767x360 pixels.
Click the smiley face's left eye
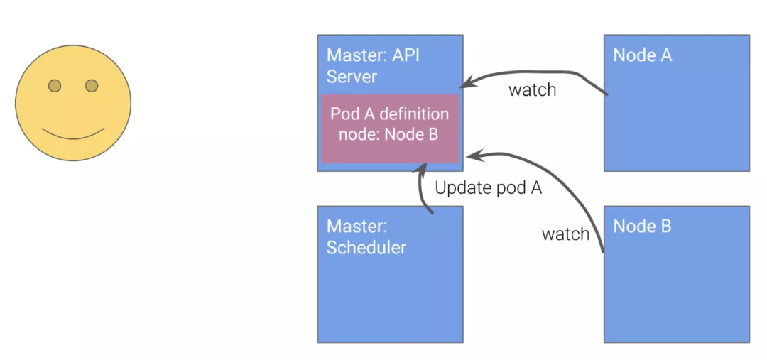[x=54, y=86]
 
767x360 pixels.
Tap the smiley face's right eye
[x=92, y=86]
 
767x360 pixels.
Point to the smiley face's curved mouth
[x=73, y=134]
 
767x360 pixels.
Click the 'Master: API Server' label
[x=373, y=65]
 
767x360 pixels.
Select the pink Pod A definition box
[x=390, y=129]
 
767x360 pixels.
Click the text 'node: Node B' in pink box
[x=388, y=134]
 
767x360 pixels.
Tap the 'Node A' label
[x=642, y=55]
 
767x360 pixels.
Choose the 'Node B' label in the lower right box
[x=642, y=227]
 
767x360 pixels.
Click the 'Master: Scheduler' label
[x=366, y=236]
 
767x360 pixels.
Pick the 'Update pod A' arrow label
[x=488, y=188]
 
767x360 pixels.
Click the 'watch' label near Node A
[x=532, y=90]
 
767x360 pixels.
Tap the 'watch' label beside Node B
[x=565, y=234]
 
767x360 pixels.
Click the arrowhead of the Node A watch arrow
[x=469, y=82]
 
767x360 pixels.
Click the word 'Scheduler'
[x=366, y=247]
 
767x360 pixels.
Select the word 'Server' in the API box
[x=352, y=76]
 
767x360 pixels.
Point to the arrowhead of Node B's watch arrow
[x=472, y=156]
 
